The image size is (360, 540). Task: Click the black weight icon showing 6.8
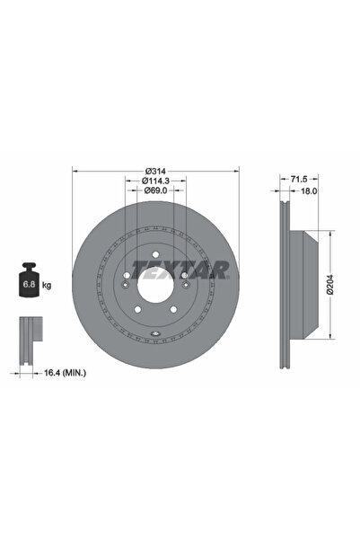(x=29, y=283)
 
